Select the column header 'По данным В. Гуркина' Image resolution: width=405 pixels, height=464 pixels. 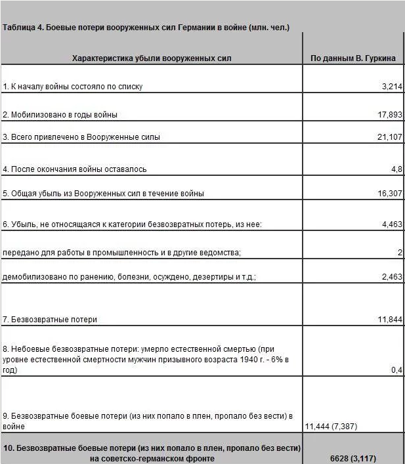click(x=353, y=58)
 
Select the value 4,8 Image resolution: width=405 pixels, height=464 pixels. click(x=396, y=169)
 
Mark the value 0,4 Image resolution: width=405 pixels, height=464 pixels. click(x=396, y=370)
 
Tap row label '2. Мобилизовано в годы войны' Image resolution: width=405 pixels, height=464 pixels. click(x=60, y=114)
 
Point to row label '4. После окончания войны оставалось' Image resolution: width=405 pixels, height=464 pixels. click(x=75, y=169)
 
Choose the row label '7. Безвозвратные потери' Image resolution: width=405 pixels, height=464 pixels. click(x=50, y=320)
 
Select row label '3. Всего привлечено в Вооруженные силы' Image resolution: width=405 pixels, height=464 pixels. click(x=81, y=137)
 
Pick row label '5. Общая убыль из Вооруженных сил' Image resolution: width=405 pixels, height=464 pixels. click(x=104, y=194)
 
